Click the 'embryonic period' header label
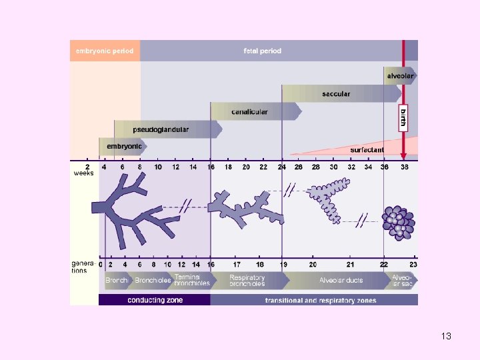105,51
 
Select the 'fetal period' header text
262,51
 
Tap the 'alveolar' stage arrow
400,76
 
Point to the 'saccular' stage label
335,94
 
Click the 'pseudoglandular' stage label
161,129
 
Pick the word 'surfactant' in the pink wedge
366,149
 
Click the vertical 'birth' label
403,120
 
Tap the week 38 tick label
404,167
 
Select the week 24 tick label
282,167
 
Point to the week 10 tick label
158,167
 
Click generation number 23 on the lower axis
413,265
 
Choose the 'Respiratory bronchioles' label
247,281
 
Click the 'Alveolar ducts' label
341,281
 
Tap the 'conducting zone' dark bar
155,300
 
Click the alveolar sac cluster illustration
398,223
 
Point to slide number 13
446,336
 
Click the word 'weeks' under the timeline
83,173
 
